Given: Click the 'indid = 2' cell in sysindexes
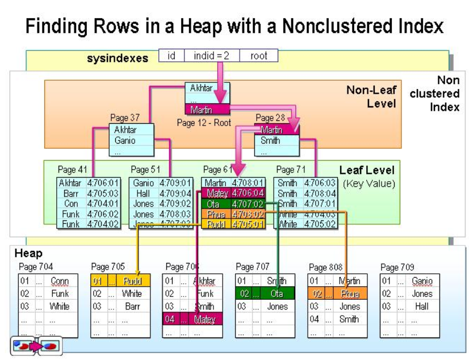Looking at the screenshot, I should pos(212,56).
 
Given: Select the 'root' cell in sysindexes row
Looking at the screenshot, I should pos(258,56).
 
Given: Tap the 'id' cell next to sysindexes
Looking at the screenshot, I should pos(171,56).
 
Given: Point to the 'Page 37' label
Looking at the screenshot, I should pos(125,118).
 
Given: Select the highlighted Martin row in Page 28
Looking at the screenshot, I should pos(277,131).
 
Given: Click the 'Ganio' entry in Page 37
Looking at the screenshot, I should pos(125,140).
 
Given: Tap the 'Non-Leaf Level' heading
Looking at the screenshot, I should pos(370,96).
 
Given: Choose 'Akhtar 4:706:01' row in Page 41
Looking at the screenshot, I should pos(89,183).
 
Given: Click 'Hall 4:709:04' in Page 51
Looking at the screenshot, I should pos(161,193).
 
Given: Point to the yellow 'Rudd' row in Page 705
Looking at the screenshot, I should pos(120,281).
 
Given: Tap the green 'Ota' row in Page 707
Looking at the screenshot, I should pos(265,294).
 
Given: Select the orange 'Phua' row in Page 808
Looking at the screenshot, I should pos(338,294).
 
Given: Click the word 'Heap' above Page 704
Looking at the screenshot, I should pos(28,253).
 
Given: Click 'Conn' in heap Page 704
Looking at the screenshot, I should pos(60,281).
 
